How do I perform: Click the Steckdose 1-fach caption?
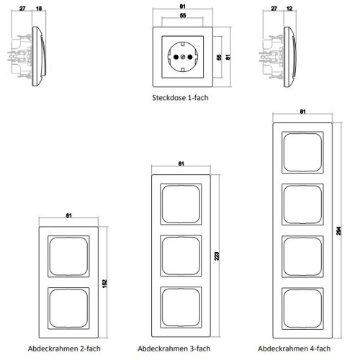pos(180,98)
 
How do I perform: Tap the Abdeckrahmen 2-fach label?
pos(64,348)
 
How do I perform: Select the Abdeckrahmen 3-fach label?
pos(174,348)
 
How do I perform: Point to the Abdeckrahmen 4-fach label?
pos(294,348)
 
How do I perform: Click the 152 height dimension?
pos(104,284)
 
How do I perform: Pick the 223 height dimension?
pos(217,256)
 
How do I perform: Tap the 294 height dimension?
pos(338,230)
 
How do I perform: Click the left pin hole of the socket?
pos(176,57)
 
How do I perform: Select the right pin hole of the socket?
pos(190,57)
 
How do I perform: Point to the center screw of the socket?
pos(183,57)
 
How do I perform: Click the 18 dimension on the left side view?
pos(39,9)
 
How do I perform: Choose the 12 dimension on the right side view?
pos(289,9)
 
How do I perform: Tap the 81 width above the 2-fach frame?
pos(68,215)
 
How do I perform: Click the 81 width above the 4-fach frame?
pos(302,112)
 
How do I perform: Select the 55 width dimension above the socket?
pos(183,16)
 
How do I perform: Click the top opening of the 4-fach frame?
pos(302,152)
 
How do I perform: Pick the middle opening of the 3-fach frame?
pos(181,256)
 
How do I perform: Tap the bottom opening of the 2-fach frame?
pos(68,308)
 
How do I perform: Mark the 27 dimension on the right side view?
pos(274,9)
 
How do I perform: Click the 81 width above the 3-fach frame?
pos(181,163)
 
